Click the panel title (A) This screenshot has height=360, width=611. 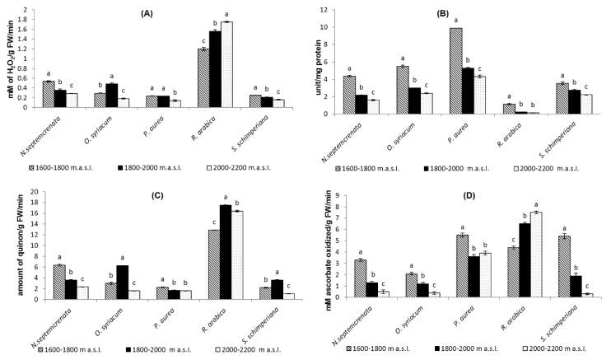(x=170, y=14)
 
